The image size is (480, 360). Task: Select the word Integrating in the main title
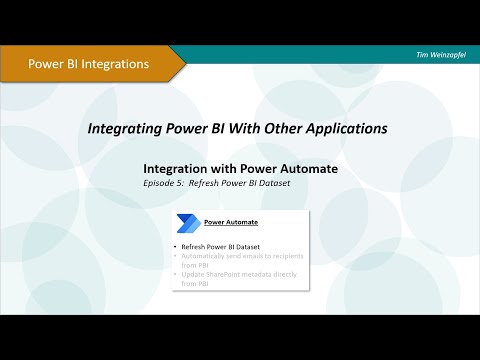123,129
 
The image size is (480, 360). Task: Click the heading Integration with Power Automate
241,169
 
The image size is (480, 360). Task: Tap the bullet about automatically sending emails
240,261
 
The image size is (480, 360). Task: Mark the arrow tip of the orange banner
183,64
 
